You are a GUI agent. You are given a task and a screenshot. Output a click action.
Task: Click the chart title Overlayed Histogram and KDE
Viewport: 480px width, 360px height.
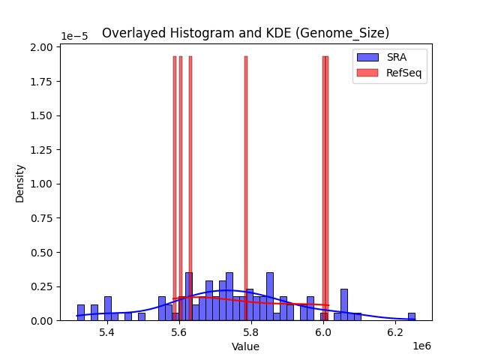245,33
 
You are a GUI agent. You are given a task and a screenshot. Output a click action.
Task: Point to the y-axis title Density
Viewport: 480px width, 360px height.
20,183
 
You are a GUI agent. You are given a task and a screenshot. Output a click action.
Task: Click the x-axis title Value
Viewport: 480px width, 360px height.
245,346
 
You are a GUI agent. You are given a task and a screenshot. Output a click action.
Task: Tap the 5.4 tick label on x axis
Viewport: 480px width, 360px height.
107,332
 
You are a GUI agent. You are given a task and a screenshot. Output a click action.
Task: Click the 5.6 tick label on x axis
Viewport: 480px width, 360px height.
179,332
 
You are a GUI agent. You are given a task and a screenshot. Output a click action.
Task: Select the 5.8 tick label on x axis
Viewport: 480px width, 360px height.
251,332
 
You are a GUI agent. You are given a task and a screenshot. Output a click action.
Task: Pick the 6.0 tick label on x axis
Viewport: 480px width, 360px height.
323,332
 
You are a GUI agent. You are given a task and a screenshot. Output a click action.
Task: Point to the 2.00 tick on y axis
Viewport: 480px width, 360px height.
43,47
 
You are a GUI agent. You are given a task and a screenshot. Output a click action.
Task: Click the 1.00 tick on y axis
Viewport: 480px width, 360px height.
43,184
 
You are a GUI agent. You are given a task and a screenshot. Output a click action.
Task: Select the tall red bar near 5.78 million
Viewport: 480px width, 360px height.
245,187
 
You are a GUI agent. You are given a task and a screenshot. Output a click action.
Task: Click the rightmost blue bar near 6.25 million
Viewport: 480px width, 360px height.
412,316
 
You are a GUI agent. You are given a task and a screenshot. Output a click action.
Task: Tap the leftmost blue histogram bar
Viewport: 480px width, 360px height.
81,313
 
